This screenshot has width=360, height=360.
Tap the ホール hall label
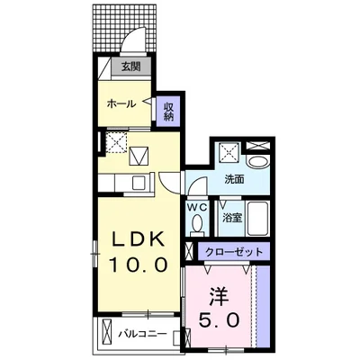121,103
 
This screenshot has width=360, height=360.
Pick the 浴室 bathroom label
230,217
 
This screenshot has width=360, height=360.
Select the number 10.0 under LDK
137,265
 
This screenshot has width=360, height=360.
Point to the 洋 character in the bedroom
219,295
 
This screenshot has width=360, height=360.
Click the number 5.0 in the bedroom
219,320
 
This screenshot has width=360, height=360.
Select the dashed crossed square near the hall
115,141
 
